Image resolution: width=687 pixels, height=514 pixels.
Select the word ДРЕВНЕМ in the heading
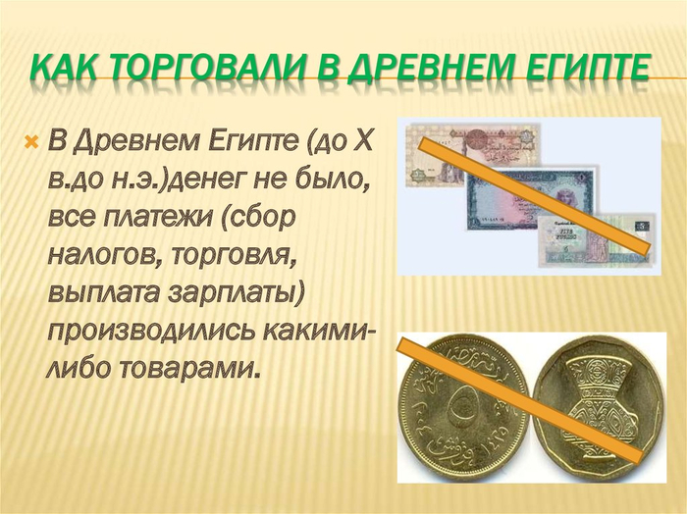[425, 68]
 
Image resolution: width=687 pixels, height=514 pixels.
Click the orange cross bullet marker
[32, 141]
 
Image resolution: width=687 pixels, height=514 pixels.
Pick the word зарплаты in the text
[236, 292]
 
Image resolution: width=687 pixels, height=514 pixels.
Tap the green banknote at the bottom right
[599, 240]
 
